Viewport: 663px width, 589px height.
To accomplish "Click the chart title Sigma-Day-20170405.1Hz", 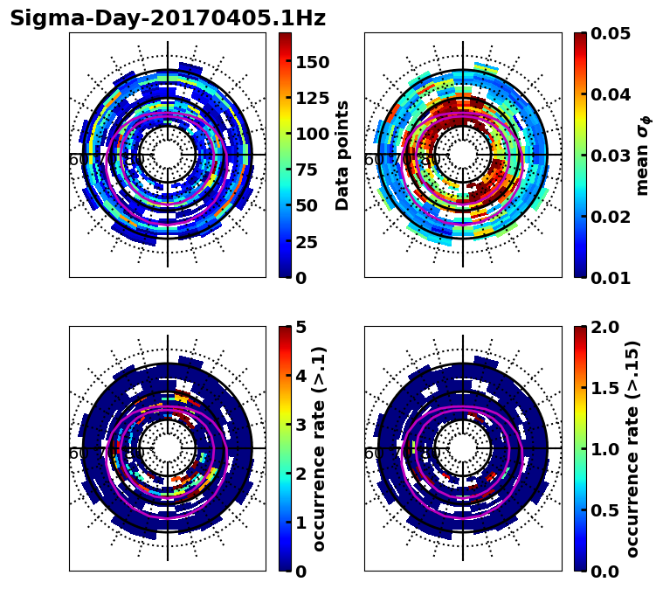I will (x=167, y=18).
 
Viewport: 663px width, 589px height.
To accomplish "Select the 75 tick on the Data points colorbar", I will (x=306, y=170).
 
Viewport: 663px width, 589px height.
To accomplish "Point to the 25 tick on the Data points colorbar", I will (x=306, y=242).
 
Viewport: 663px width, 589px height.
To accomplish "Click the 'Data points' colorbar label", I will (x=342, y=155).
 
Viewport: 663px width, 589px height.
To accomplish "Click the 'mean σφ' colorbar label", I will (x=643, y=155).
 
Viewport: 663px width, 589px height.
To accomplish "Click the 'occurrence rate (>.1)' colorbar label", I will (x=319, y=448).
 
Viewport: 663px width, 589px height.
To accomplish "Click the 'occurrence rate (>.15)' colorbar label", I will (x=632, y=448).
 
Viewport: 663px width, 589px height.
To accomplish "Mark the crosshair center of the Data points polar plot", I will (x=168, y=155).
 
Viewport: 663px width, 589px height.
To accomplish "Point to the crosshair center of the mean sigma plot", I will (x=463, y=155).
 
